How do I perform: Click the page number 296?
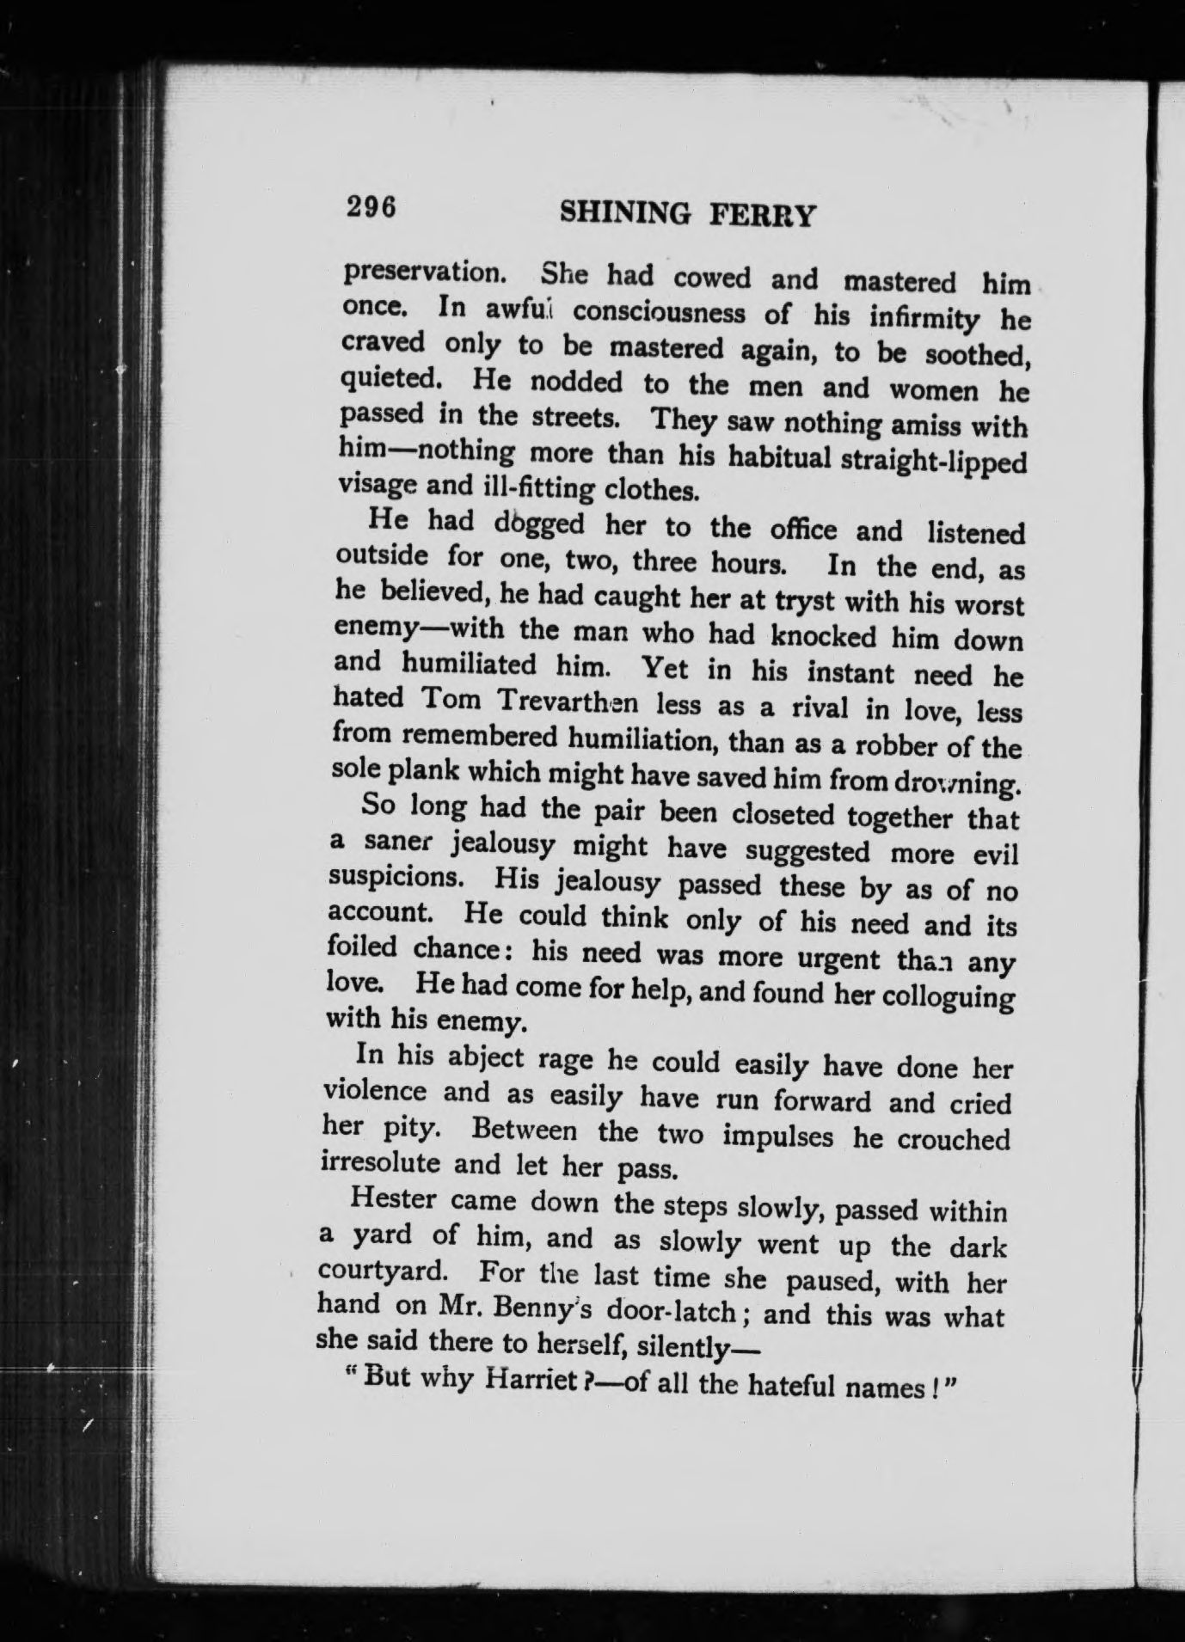tap(371, 208)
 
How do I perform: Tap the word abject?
tap(483, 1058)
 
